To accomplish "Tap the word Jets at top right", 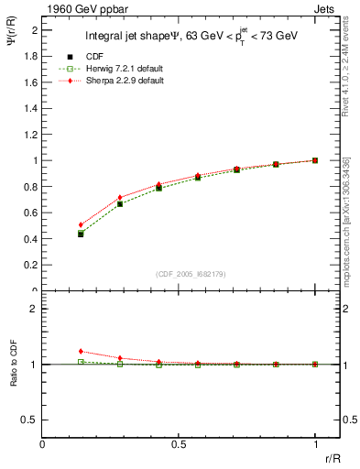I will pyautogui.click(x=326, y=8).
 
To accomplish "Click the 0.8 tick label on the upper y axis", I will pyautogui.click(x=33, y=187).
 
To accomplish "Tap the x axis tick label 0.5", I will pyautogui.click(x=179, y=444).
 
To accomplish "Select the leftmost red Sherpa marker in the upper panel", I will pyautogui.click(x=81, y=224).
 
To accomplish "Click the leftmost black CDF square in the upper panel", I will pyautogui.click(x=81, y=234).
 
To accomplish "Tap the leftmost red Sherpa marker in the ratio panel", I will pyautogui.click(x=81, y=351).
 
